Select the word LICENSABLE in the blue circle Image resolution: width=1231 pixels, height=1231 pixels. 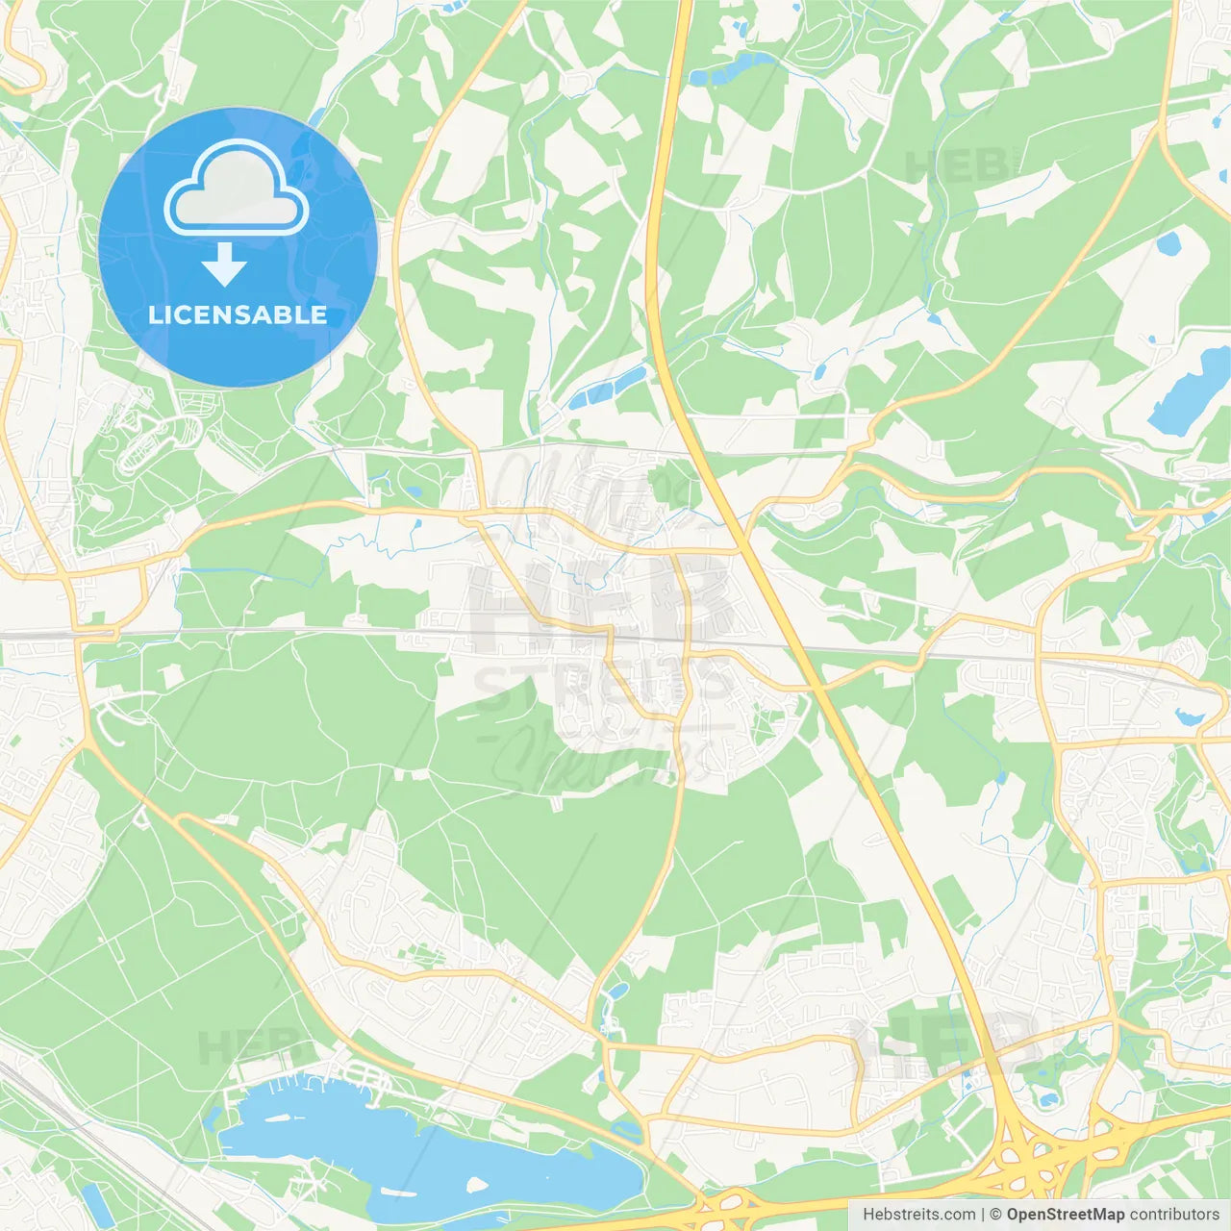pyautogui.click(x=238, y=314)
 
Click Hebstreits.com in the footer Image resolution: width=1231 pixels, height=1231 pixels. pyautogui.click(x=918, y=1215)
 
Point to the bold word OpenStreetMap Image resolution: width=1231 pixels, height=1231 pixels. pyautogui.click(x=1065, y=1215)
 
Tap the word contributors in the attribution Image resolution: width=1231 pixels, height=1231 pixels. pyautogui.click(x=1174, y=1215)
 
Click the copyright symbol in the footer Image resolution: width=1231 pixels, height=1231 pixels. pyautogui.click(x=996, y=1215)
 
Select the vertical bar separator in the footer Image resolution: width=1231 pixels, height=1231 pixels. pyautogui.click(x=983, y=1215)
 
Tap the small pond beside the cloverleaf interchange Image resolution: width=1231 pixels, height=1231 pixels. pyautogui.click(x=1042, y=1096)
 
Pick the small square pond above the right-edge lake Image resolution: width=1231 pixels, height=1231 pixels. pyautogui.click(x=1168, y=242)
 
